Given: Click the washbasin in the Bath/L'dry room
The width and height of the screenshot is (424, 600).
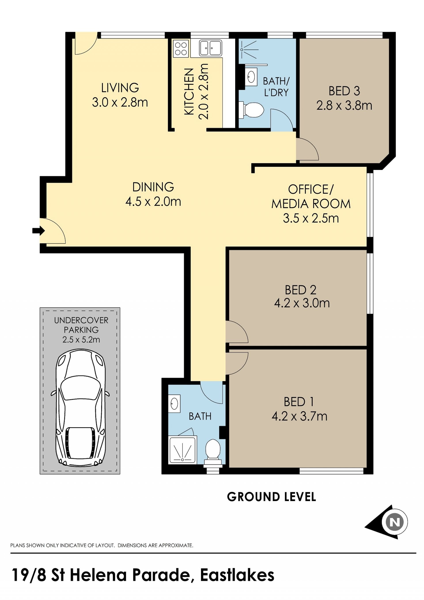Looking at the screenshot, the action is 251,77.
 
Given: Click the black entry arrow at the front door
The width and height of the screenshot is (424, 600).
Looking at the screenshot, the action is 38,231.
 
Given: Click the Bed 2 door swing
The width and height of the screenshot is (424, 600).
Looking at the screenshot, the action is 237,332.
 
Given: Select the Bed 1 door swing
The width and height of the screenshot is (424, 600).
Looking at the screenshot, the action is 237,363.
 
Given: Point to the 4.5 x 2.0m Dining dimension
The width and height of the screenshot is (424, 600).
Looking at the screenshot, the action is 153,202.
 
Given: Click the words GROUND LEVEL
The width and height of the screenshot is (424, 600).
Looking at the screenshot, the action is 271,497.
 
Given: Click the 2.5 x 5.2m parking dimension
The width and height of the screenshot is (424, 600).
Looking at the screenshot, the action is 81,340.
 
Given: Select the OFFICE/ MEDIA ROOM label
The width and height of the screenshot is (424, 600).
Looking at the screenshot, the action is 311,197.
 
